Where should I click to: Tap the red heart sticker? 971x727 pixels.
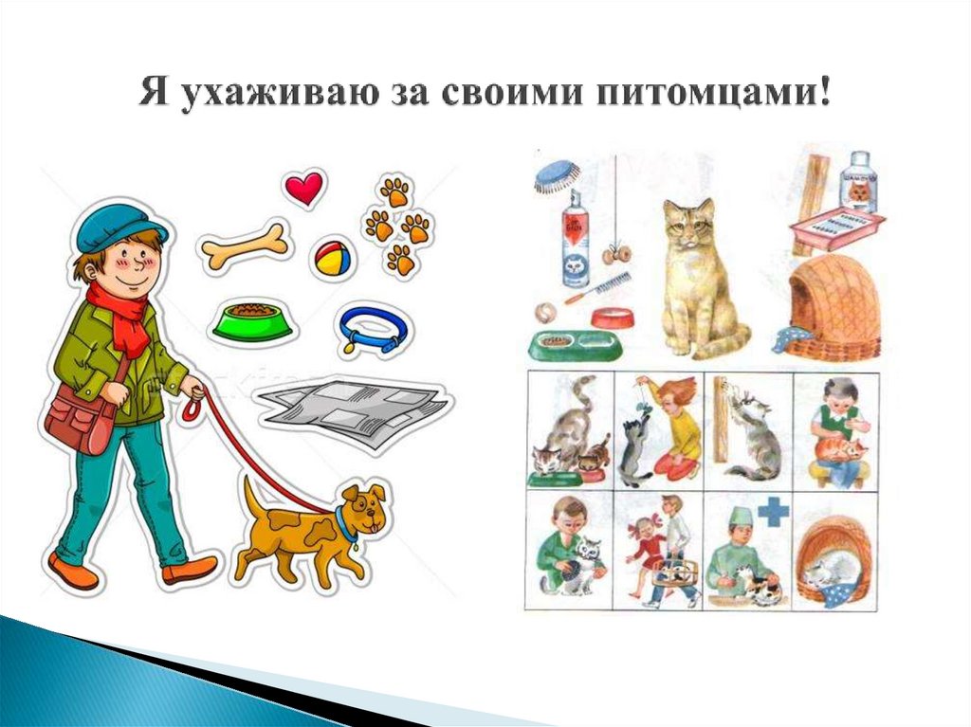tap(303, 189)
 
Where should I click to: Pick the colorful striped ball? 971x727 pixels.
tap(333, 257)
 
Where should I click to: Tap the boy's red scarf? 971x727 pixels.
tap(121, 317)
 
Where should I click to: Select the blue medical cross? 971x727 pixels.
tap(773, 513)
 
